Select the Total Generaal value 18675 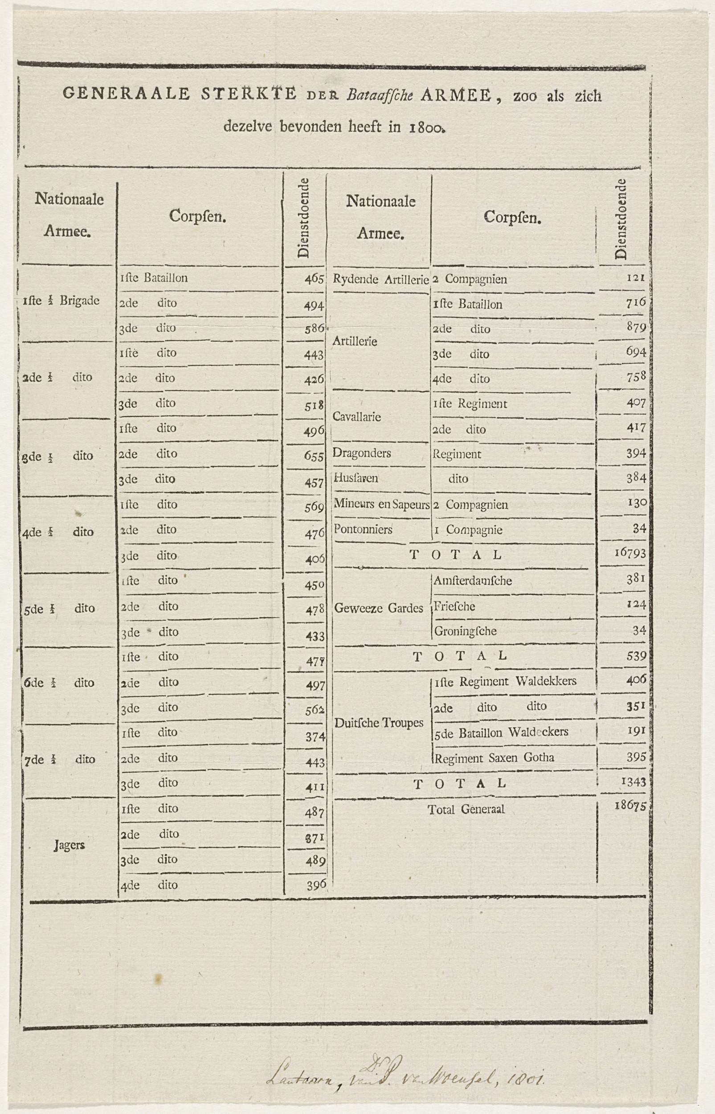pos(630,805)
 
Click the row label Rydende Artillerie pos(380,279)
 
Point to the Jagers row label pos(69,845)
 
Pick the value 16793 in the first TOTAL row pos(630,553)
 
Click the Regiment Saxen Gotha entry pos(494,758)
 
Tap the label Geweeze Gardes pos(378,608)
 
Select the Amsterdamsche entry pos(473,581)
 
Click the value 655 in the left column pos(314,456)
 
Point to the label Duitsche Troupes pos(379,723)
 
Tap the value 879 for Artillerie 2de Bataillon pos(636,328)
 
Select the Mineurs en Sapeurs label pos(381,504)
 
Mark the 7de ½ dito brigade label pos(60,760)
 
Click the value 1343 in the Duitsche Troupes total pos(633,782)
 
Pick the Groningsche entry pos(465,631)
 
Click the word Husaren pos(355,478)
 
